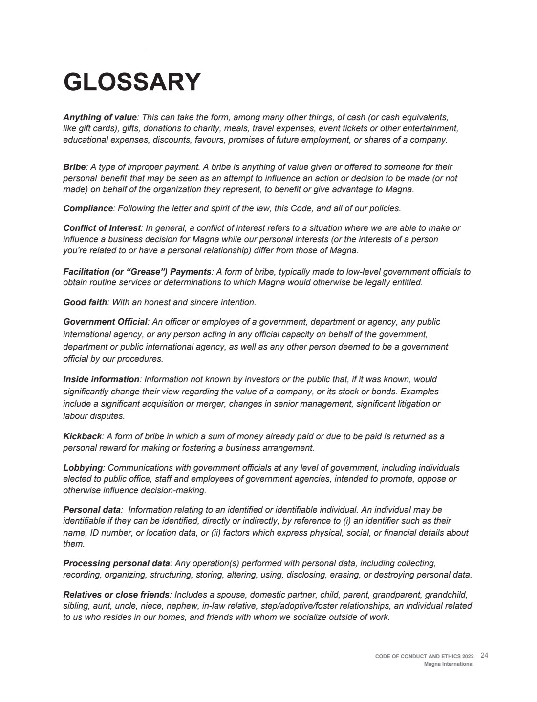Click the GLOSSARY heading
(x=132, y=82)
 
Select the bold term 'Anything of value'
(x=100, y=117)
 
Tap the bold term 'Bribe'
(x=74, y=167)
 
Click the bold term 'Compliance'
(x=88, y=208)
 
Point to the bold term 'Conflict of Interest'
(x=102, y=228)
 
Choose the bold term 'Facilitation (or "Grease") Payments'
(x=137, y=272)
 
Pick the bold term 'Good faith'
(x=85, y=302)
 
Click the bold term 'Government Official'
(x=105, y=322)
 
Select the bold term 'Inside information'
(x=101, y=379)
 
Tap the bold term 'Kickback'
(x=82, y=436)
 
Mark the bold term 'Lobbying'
(x=83, y=468)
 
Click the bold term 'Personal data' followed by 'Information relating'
(x=91, y=510)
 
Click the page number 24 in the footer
(x=484, y=655)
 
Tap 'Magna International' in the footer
(x=449, y=664)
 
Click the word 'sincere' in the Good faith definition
(x=187, y=302)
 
